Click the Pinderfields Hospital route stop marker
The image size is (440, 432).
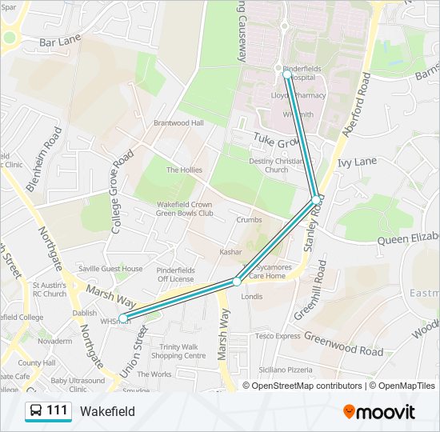[287, 75]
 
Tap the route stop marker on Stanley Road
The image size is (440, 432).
[316, 198]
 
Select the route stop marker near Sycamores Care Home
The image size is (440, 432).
[237, 282]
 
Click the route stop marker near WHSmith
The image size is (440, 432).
[123, 318]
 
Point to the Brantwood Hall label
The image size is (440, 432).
[179, 123]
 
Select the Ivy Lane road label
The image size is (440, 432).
[357, 162]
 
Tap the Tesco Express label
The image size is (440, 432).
[278, 336]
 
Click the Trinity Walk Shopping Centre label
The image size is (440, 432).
[183, 351]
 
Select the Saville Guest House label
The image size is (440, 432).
[110, 269]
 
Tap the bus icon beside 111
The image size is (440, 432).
[36, 411]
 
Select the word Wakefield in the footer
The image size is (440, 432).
[107, 412]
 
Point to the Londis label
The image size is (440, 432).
[251, 296]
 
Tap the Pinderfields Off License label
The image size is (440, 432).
[175, 274]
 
